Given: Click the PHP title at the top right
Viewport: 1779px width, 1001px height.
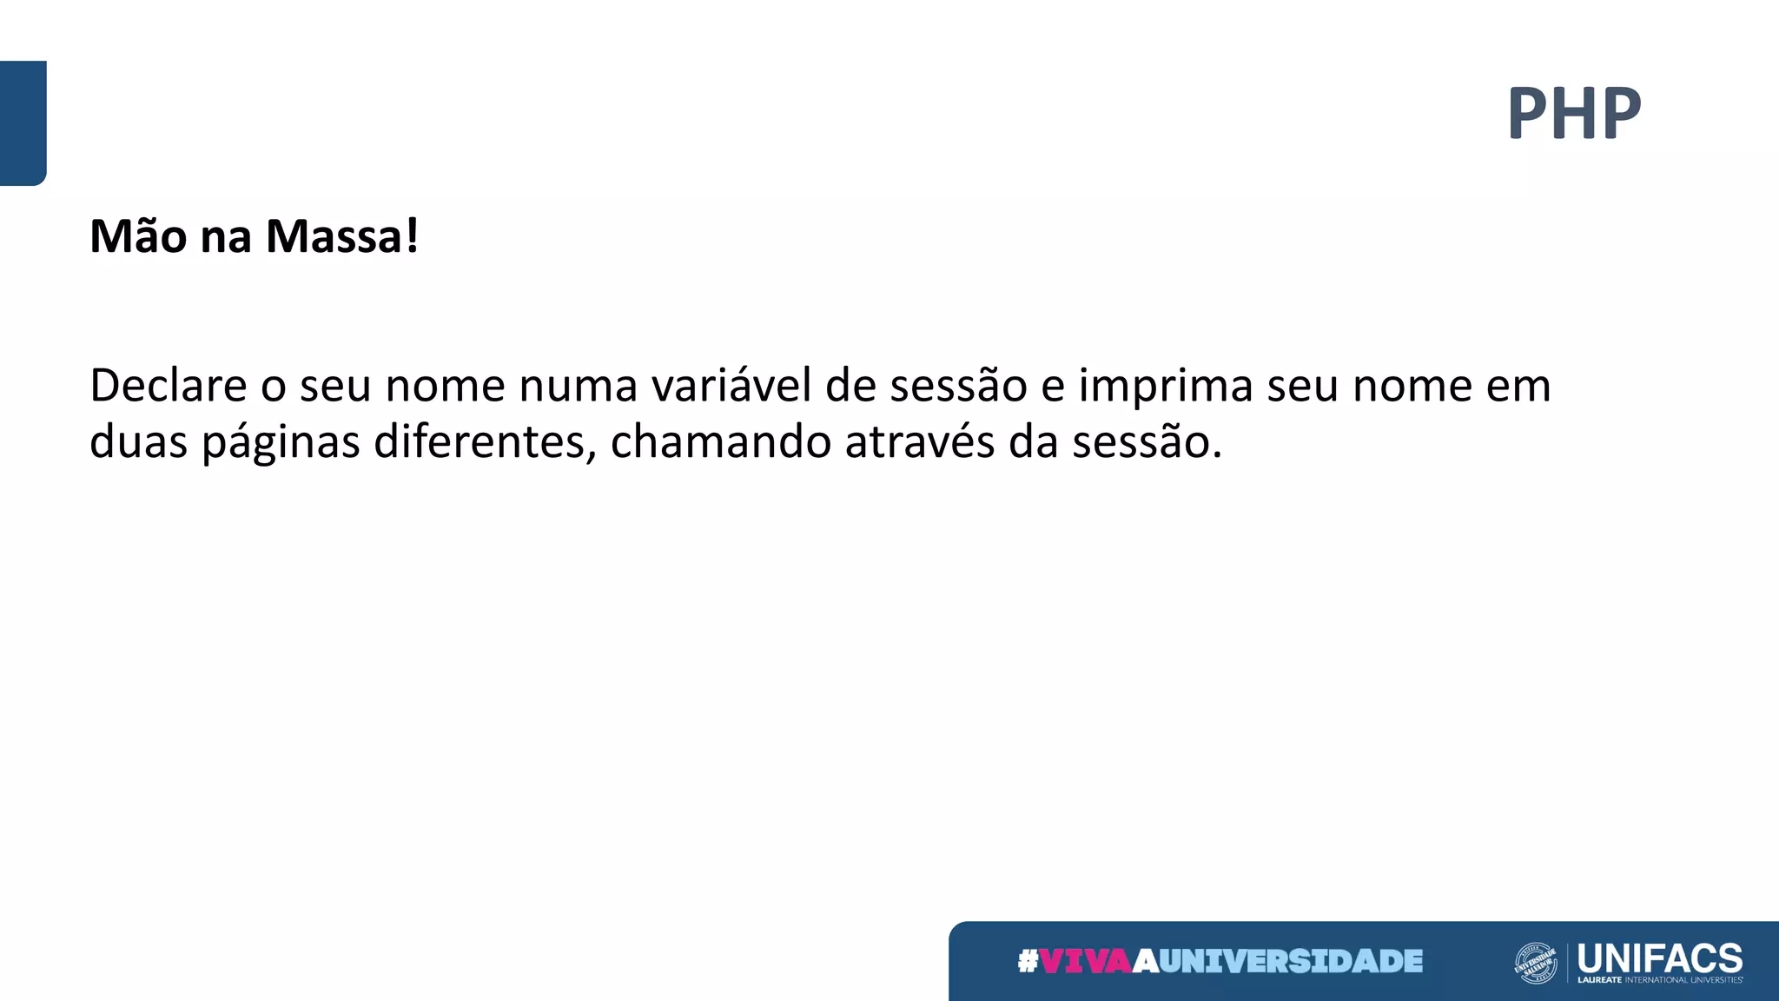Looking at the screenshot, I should point(1574,113).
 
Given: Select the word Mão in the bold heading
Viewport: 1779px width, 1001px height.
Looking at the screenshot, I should point(138,236).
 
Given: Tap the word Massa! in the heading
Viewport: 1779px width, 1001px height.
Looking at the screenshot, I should point(342,236).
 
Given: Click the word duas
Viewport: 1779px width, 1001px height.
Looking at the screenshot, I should point(138,441).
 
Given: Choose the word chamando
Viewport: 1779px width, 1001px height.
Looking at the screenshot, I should point(721,441).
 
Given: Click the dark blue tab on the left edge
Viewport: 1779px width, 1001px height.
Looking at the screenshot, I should point(23,123).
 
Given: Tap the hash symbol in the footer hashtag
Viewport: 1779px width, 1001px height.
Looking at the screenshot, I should point(1028,961).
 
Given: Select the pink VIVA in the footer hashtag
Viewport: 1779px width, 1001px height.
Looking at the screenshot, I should point(1086,961).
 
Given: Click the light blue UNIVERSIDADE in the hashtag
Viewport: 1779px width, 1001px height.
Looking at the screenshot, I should point(1291,961).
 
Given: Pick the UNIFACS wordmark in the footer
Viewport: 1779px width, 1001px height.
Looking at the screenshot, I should point(1659,958).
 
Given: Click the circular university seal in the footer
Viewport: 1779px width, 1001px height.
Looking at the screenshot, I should point(1536,963).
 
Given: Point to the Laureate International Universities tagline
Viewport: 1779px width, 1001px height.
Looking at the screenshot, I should point(1659,980).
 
